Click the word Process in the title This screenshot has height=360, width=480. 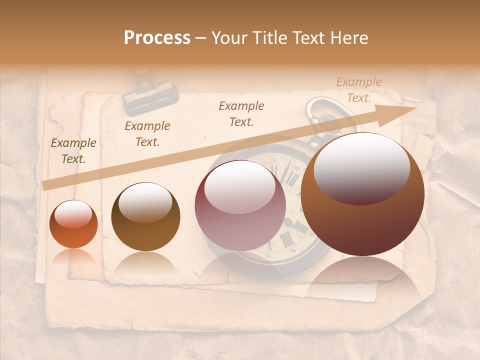(x=157, y=38)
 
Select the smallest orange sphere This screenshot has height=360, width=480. (x=73, y=224)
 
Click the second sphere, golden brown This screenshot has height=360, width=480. (x=145, y=217)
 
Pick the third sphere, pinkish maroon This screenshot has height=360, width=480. (x=240, y=205)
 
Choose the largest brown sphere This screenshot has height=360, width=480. (x=362, y=194)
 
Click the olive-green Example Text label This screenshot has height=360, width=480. (x=73, y=151)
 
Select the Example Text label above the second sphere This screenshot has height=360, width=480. (x=147, y=134)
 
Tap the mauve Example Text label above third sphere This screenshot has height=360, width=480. (x=241, y=113)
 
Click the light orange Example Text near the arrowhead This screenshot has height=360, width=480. (x=359, y=90)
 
